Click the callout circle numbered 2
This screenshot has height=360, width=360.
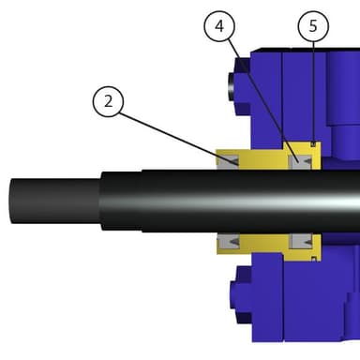point(108,102)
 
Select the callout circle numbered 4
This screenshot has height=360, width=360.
point(219,26)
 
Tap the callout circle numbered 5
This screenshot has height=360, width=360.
point(313,26)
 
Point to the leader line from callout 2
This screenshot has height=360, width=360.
point(178,139)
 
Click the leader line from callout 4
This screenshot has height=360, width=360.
point(263,99)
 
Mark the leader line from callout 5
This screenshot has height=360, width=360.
point(313,92)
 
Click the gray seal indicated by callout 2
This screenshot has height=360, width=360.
point(228,162)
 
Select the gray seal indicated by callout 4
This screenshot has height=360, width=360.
point(301,162)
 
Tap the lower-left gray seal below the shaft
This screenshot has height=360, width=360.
point(229,242)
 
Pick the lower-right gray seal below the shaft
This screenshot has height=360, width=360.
point(301,241)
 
